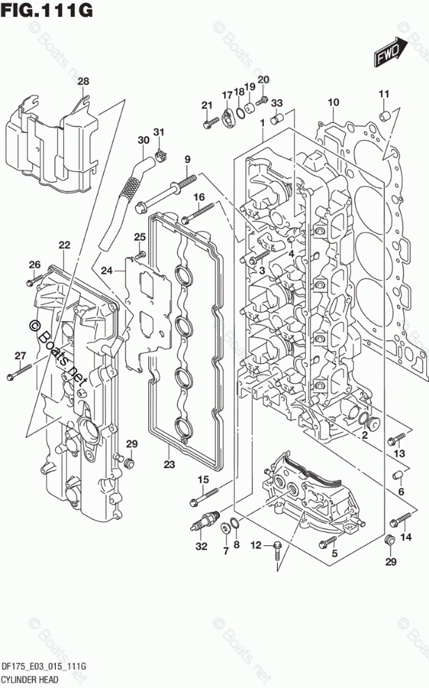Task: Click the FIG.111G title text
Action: click(47, 10)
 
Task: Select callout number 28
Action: click(83, 82)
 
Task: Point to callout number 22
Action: click(64, 245)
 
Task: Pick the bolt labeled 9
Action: click(171, 188)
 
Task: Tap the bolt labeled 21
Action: click(210, 125)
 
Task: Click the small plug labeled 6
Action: click(400, 476)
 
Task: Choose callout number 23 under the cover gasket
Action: click(169, 464)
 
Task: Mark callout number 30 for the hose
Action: click(143, 140)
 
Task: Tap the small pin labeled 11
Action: click(382, 114)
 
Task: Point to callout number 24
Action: click(107, 270)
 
